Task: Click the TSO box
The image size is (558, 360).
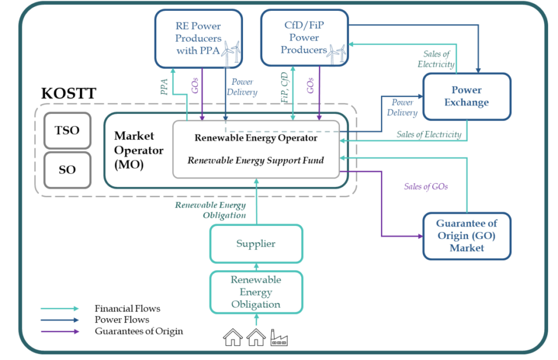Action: point(68,131)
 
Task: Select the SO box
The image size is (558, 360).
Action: point(68,170)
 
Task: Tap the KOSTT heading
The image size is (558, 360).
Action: point(69,93)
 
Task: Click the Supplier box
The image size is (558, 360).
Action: point(256,243)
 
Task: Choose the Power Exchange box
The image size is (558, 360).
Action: point(466,96)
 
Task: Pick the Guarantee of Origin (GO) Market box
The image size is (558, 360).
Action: point(466,235)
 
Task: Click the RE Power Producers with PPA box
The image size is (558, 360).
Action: point(198,38)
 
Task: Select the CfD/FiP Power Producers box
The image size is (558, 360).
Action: point(304,38)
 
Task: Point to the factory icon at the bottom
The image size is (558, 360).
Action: point(279,338)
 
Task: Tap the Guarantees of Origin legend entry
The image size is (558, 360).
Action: point(138,331)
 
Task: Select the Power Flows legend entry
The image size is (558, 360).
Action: point(122,320)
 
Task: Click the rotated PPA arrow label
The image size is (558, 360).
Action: point(165,87)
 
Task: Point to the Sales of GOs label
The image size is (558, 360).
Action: point(426,187)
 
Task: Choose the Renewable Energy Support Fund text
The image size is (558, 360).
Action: point(256,160)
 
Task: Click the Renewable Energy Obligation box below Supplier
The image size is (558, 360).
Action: point(256,292)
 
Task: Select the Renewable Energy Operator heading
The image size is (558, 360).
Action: point(256,138)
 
